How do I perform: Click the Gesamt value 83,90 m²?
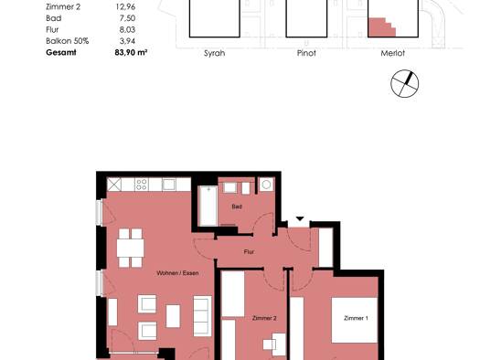pos(131,53)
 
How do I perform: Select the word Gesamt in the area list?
pos(61,53)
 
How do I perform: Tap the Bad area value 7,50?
pos(127,18)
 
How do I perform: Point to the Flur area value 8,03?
pos(127,29)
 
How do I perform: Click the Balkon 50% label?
pos(68,41)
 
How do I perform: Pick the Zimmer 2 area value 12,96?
pos(125,6)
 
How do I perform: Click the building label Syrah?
pos(214,53)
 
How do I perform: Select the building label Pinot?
pos(306,53)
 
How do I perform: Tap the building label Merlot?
pos(393,53)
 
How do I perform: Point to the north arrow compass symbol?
pos(405,83)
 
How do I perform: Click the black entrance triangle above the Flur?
pos(300,218)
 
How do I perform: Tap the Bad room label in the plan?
pos(237,206)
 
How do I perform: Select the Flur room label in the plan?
pos(249,252)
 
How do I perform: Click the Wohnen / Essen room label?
pos(177,273)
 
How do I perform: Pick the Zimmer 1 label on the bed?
pos(356,318)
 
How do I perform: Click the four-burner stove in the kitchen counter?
pos(142,185)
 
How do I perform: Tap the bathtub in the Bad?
pos(208,206)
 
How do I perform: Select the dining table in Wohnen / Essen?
pos(131,248)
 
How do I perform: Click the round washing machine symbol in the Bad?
pos(266,185)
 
